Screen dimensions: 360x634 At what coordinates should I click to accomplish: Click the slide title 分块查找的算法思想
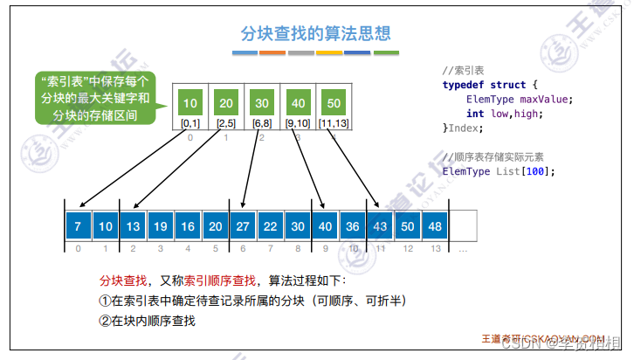click(x=316, y=34)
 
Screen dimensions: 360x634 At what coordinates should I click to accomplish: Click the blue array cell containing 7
click(x=79, y=225)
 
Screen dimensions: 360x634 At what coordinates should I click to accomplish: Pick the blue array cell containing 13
click(x=133, y=225)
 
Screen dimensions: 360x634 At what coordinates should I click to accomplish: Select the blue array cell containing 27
click(x=242, y=225)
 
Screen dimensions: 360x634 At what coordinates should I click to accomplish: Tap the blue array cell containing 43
click(x=380, y=225)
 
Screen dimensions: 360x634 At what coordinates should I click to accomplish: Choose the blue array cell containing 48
click(x=435, y=225)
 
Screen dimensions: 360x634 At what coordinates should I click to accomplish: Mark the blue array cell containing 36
click(x=352, y=225)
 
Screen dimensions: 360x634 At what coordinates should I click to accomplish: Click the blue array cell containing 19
click(x=161, y=225)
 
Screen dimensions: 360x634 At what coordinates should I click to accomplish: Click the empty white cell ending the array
click(x=463, y=225)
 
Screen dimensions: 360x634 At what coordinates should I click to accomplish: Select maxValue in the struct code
click(x=548, y=99)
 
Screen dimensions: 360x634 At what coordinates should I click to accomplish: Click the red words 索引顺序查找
click(x=219, y=280)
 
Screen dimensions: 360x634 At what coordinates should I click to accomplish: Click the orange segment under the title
click(x=272, y=53)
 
